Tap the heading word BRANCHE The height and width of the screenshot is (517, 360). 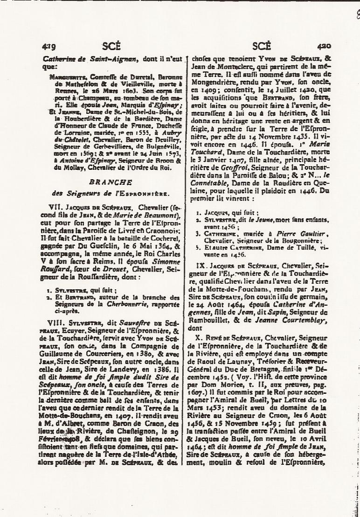[114, 182]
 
